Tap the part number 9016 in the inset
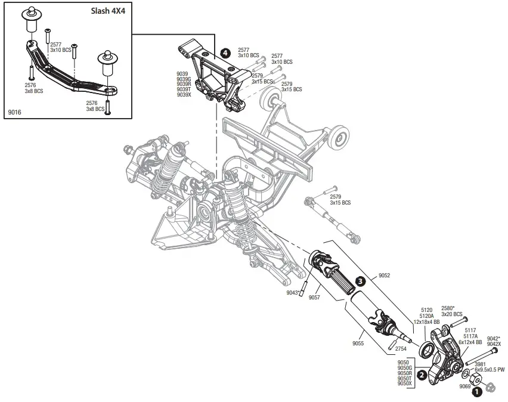click(x=15, y=112)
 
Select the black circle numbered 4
click(x=225, y=52)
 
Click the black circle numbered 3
click(x=360, y=280)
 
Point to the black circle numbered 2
click(x=422, y=375)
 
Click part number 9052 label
click(x=385, y=276)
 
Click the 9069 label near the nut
click(x=464, y=386)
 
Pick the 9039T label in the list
click(x=184, y=89)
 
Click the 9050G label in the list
click(x=404, y=367)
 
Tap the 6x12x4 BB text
click(x=470, y=342)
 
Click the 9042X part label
click(x=494, y=344)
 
